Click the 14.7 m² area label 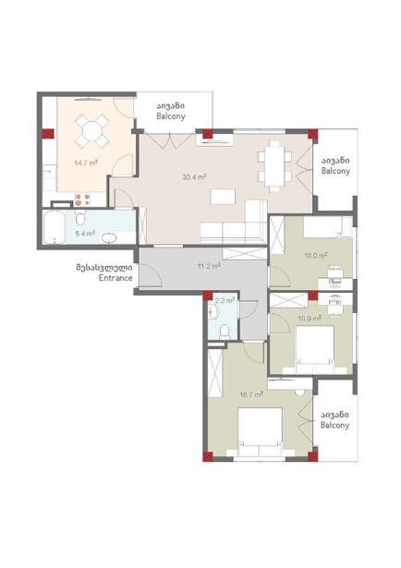coord(86,163)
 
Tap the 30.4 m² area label coord(195,177)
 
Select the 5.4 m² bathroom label coord(85,234)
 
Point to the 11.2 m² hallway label coord(209,266)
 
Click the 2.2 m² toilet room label coord(225,300)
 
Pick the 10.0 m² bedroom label coord(316,256)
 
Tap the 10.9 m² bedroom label coord(310,319)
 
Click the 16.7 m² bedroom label coord(250,394)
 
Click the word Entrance coord(115,278)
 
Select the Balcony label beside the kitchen coord(171,116)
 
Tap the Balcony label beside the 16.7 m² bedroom coord(335,425)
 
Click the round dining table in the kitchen coord(92,131)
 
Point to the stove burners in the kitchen coord(82,200)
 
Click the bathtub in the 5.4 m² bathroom coord(55,227)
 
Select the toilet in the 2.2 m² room coord(225,332)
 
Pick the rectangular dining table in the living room coord(274,165)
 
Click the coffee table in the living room coord(223,197)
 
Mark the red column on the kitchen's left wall coord(48,134)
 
